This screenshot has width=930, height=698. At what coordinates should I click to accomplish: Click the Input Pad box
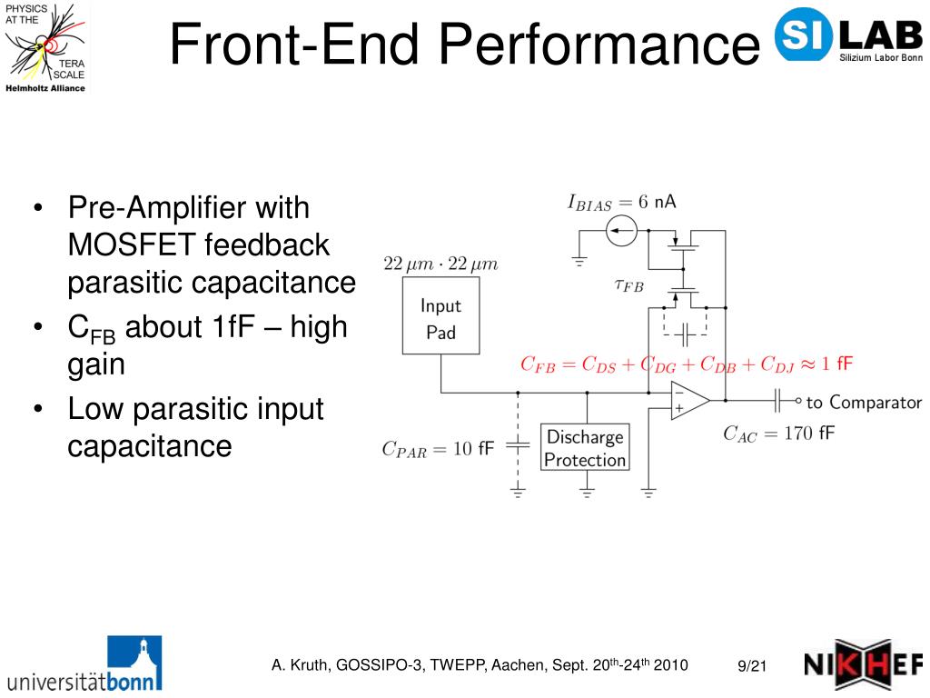click(x=440, y=319)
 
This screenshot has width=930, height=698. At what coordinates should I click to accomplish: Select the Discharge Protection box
click(x=585, y=448)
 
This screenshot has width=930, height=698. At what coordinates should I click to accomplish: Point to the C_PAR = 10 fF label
click(x=438, y=448)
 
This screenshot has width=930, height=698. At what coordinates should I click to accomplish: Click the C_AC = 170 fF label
click(x=778, y=434)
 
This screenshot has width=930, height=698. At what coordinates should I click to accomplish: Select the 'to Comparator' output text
click(x=863, y=402)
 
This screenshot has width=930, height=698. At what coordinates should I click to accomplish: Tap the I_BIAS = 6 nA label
click(x=621, y=203)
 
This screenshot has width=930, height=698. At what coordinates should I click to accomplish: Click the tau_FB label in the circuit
click(x=628, y=285)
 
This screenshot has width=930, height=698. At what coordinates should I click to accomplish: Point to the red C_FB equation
click(x=687, y=365)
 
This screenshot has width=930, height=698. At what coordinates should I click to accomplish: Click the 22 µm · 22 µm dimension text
click(x=440, y=264)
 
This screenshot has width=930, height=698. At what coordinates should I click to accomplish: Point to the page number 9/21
click(x=752, y=667)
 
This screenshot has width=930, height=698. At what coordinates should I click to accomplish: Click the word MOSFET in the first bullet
click(x=132, y=245)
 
